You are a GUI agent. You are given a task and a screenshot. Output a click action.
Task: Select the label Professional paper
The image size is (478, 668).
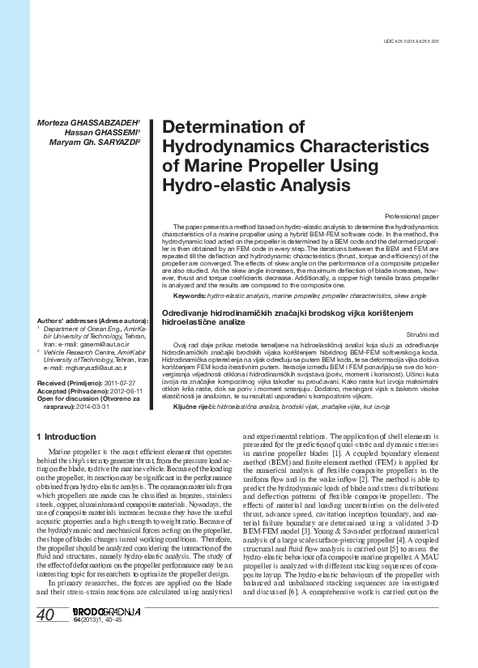tap(412, 217)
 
